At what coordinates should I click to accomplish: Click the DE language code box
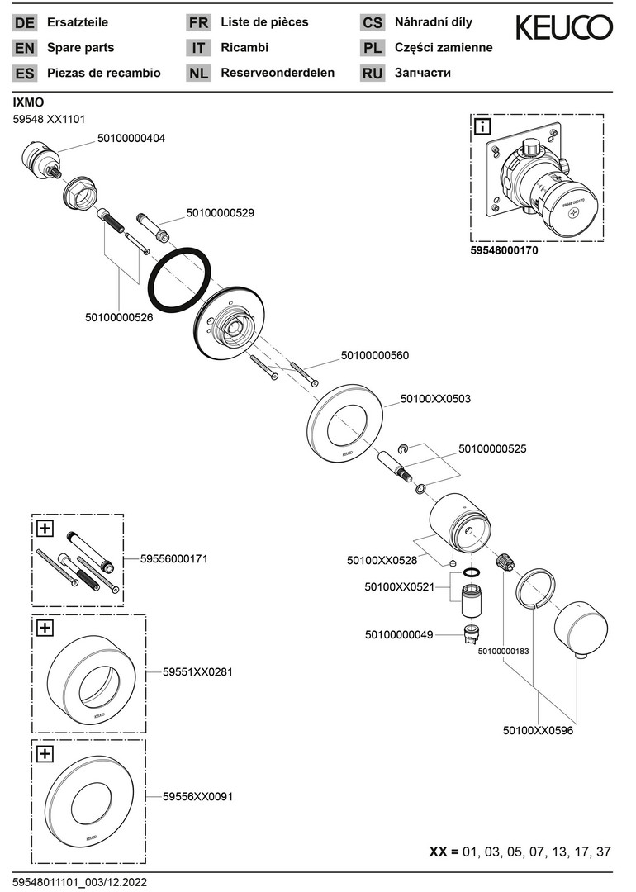coord(25,23)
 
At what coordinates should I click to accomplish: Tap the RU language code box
coord(373,73)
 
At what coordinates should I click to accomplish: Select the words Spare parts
coord(81,48)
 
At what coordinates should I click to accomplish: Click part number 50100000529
coord(220,212)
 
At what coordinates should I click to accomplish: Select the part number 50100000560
coord(375,356)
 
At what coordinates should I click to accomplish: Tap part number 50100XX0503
coord(435,398)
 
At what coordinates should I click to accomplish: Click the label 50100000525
coord(492,449)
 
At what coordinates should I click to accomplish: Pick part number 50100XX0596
coord(538,730)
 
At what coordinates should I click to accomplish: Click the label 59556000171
coord(173,559)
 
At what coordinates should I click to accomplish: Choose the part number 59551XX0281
coord(197,672)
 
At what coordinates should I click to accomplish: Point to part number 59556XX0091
coord(197,797)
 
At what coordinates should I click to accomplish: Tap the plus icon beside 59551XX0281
coord(45,629)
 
